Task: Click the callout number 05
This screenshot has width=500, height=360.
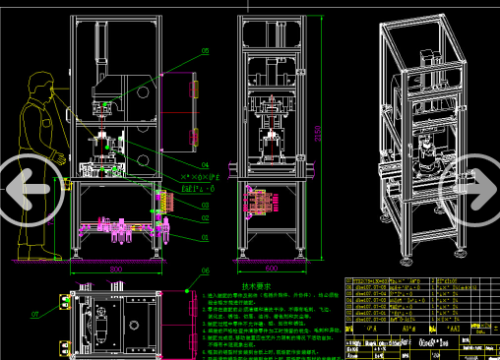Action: click(205, 49)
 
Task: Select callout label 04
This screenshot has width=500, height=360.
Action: click(205, 164)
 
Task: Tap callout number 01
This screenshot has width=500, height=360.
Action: click(205, 236)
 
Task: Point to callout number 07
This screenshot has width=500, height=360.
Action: click(34, 314)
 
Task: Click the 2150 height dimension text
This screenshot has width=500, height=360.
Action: click(317, 132)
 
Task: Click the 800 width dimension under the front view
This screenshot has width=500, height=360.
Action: click(115, 268)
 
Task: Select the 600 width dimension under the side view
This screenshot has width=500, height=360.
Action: click(269, 268)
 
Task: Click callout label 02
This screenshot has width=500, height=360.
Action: click(205, 205)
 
